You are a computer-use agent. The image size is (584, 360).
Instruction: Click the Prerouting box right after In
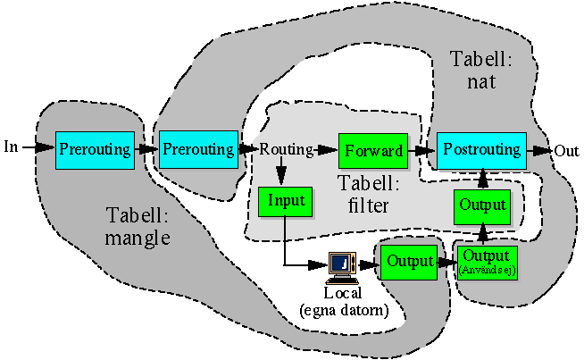pyautogui.click(x=95, y=148)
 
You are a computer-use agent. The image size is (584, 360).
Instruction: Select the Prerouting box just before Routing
pyautogui.click(x=197, y=148)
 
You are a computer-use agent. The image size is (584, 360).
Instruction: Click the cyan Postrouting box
pyautogui.click(x=481, y=149)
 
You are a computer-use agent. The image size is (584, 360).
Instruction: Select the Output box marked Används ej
pyautogui.click(x=488, y=261)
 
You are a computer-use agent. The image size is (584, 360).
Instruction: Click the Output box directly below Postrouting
pyautogui.click(x=483, y=205)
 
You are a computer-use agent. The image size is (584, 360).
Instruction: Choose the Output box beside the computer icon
pyautogui.click(x=409, y=262)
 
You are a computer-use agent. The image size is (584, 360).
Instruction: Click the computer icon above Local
pyautogui.click(x=343, y=264)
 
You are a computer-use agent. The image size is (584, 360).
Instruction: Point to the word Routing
pyautogui.click(x=285, y=149)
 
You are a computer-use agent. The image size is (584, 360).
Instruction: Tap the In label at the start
pyautogui.click(x=12, y=146)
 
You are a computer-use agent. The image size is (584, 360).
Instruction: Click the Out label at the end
pyautogui.click(x=566, y=150)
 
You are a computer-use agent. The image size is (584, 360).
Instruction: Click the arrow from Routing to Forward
pyautogui.click(x=326, y=149)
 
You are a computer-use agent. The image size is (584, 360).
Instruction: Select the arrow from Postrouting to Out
pyautogui.click(x=538, y=149)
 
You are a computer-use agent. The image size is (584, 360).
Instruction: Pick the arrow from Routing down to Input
pyautogui.click(x=281, y=172)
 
